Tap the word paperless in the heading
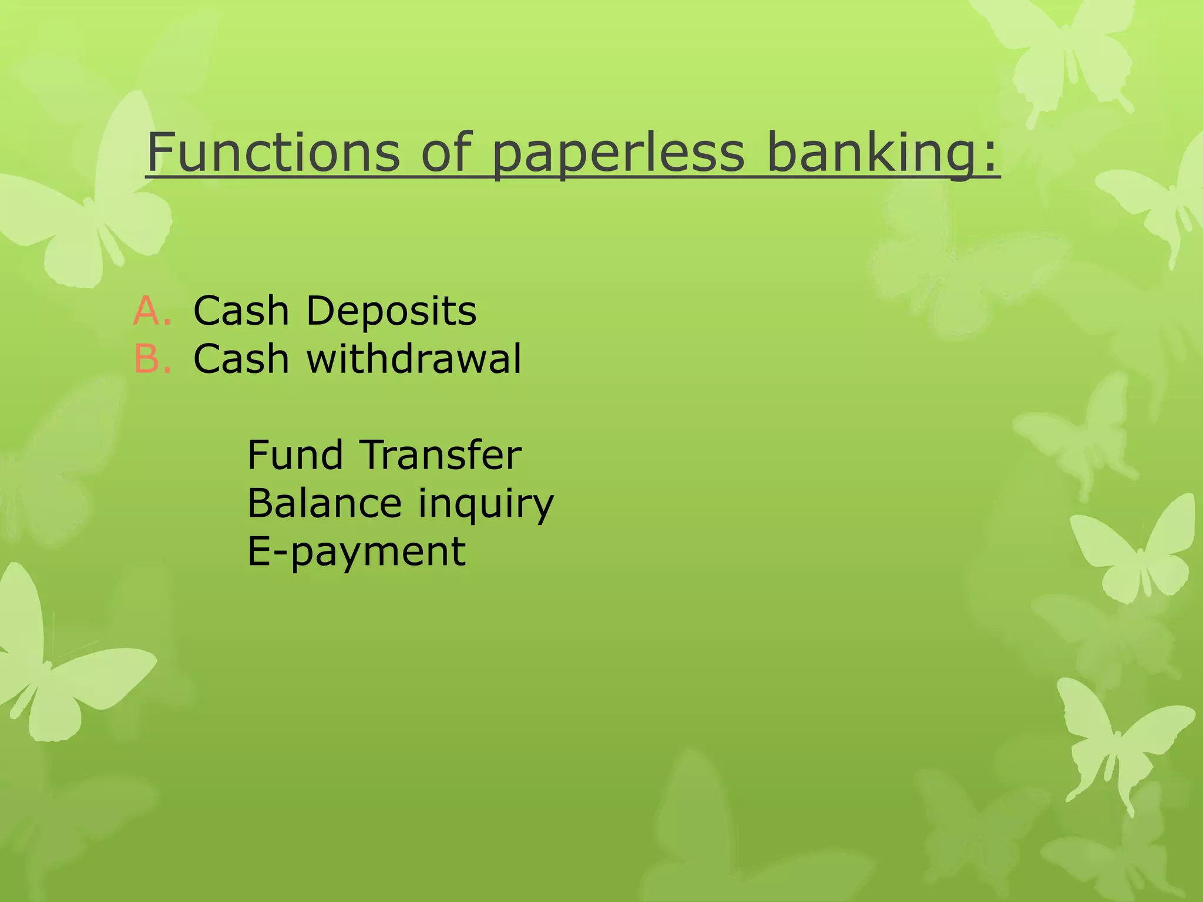pos(619,154)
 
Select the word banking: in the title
pos(882,154)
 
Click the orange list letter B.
pos(149,359)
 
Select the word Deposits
pos(391,311)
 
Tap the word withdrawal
pos(414,359)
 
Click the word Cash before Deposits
pos(241,311)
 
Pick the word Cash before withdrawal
pos(241,359)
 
